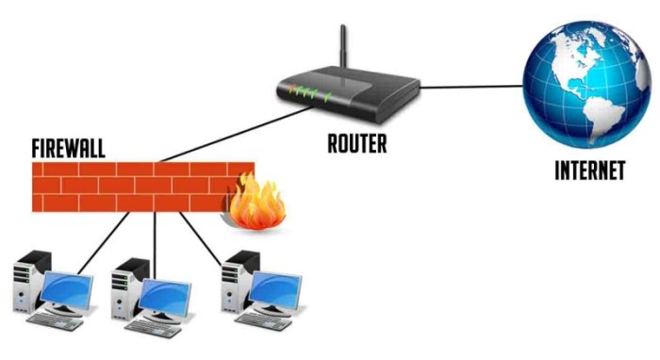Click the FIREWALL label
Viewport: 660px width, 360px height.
pyautogui.click(x=67, y=149)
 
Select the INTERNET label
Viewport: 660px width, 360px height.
pyautogui.click(x=589, y=172)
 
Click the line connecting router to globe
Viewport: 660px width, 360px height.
pyautogui.click(x=471, y=88)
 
